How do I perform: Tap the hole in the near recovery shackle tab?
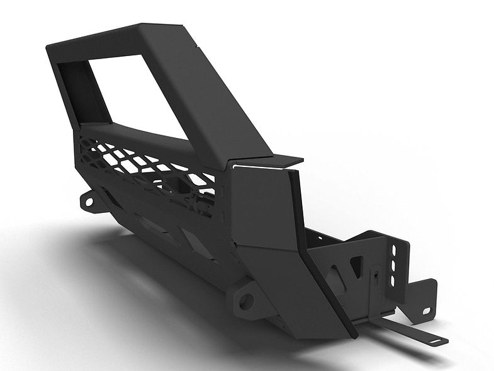(247, 301)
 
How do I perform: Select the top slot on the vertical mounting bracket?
(395, 251)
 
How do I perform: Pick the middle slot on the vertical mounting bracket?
(394, 265)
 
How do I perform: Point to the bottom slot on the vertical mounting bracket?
(393, 279)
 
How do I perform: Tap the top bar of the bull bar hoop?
(113, 38)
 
